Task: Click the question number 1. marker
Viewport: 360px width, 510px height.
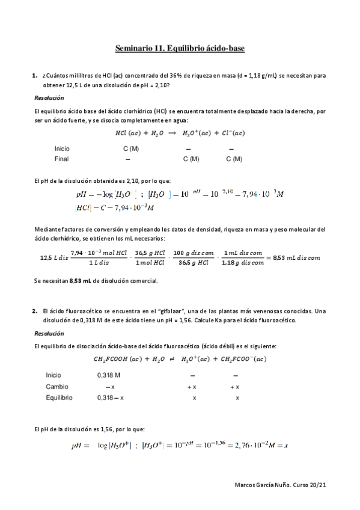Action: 35,76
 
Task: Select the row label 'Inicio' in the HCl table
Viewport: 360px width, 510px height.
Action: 62,148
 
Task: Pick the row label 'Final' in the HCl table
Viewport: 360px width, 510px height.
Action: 61,159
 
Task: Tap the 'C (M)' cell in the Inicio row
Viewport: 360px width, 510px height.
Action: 132,148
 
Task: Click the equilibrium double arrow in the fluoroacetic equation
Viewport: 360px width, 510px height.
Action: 170,360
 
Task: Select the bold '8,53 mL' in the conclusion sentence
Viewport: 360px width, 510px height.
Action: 80,280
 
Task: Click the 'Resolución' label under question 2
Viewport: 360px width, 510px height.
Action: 49,333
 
